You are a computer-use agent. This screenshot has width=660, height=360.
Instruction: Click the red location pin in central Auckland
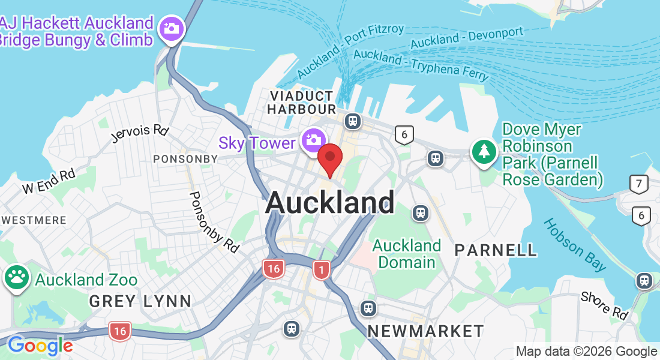click(329, 158)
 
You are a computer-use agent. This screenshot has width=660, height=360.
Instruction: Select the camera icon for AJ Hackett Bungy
click(172, 28)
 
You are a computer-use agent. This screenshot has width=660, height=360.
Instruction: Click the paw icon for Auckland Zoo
click(17, 277)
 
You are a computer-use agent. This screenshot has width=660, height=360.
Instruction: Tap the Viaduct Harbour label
click(301, 103)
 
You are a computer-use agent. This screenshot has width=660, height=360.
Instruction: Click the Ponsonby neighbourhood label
click(185, 159)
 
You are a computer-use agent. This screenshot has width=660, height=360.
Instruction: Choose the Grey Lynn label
click(140, 301)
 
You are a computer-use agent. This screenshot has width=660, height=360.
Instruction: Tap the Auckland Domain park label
click(407, 254)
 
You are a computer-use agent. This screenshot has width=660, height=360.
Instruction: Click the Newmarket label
click(425, 331)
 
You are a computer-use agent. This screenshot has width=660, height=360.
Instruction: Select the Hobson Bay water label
click(574, 244)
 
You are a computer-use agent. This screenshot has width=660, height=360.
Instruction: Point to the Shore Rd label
click(604, 305)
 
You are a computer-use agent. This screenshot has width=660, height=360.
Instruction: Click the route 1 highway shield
click(322, 270)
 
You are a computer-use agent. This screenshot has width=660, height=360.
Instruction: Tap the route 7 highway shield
click(640, 184)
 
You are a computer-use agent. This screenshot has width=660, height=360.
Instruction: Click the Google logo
click(40, 346)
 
